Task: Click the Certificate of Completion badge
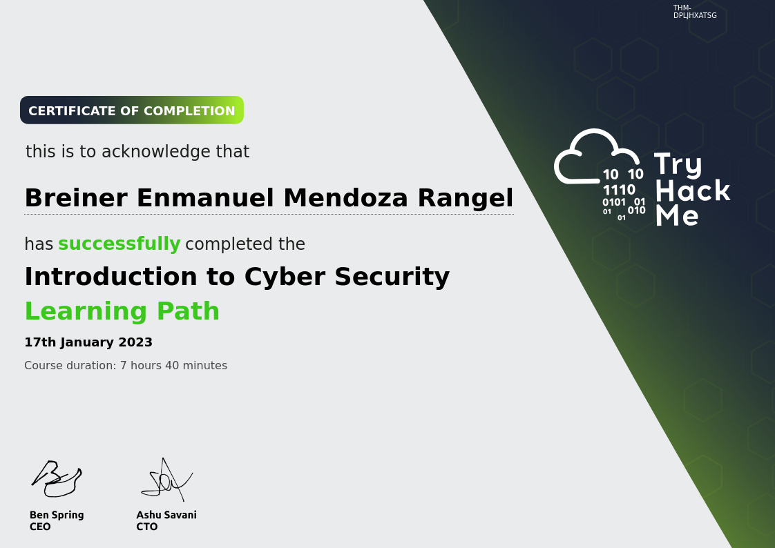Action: [x=131, y=110]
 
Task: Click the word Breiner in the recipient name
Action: [x=76, y=198]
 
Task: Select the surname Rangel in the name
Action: [x=465, y=199]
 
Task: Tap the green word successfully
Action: [x=119, y=244]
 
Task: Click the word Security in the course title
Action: [x=392, y=277]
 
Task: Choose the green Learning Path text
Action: [x=122, y=311]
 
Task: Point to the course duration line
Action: [x=126, y=365]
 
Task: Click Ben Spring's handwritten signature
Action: [x=57, y=478]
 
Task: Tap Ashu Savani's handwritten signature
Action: [x=166, y=480]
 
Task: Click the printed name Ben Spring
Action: [x=57, y=515]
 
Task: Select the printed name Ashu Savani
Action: [x=166, y=515]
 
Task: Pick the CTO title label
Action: [x=147, y=527]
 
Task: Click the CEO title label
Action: [x=40, y=527]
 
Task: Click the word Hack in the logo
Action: [x=693, y=190]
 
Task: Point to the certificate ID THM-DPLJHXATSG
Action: [x=694, y=11]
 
